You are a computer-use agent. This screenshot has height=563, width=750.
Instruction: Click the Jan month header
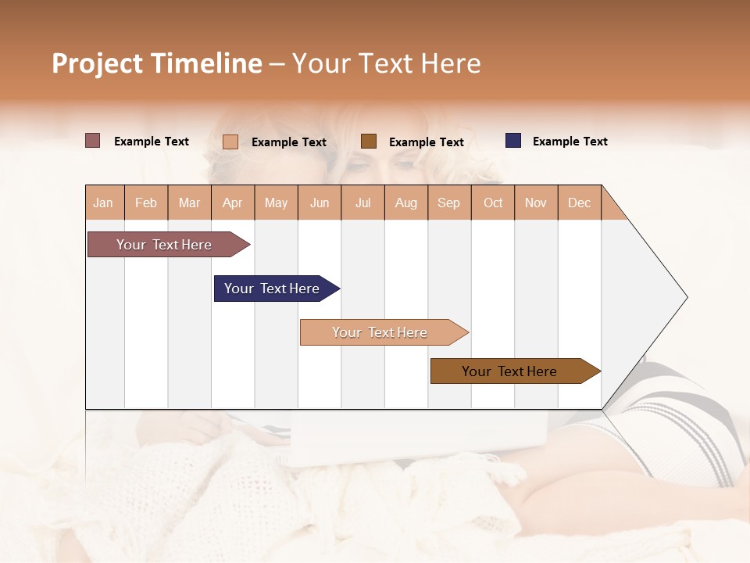[x=103, y=203]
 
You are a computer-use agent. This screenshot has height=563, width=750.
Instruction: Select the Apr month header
[x=232, y=203]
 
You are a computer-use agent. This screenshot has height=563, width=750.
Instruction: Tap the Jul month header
[x=362, y=203]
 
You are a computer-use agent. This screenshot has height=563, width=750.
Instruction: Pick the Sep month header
[x=448, y=203]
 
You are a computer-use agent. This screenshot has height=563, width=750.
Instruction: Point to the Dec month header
[x=579, y=203]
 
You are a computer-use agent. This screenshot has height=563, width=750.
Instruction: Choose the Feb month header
[x=146, y=203]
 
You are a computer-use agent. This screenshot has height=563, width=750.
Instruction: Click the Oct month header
[x=493, y=203]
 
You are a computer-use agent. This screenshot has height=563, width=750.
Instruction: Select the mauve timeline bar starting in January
[x=165, y=245]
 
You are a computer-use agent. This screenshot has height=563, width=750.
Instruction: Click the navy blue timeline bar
[x=272, y=289]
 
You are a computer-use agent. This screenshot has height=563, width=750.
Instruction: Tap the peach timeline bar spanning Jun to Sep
[x=380, y=332]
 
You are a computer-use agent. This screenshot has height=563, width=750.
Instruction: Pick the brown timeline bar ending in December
[x=509, y=371]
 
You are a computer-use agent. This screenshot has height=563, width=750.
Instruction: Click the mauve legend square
[x=92, y=141]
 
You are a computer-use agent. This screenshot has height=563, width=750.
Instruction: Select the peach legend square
[x=230, y=142]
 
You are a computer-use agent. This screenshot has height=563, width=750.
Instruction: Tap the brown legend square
[x=369, y=141]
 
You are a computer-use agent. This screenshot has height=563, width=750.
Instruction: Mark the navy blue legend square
[x=513, y=141]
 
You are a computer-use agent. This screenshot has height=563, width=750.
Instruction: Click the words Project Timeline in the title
[x=157, y=63]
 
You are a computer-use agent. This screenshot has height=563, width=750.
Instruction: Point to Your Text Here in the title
[x=386, y=63]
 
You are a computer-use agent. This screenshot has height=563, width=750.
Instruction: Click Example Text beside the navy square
[x=570, y=142]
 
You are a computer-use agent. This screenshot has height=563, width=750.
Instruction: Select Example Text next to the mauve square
[x=152, y=142]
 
